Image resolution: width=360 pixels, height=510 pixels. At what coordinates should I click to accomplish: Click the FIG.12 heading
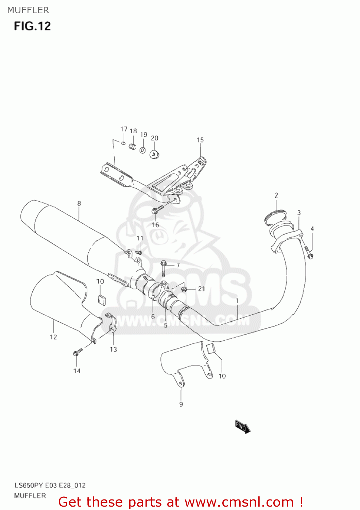(32, 26)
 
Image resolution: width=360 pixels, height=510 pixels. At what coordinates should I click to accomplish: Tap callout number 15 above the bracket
(200, 140)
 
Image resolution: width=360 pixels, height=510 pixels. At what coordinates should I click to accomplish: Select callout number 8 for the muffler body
(79, 203)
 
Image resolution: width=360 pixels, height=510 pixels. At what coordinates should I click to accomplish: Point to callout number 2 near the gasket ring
(276, 195)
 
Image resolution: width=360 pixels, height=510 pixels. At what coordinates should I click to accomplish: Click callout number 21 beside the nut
(202, 289)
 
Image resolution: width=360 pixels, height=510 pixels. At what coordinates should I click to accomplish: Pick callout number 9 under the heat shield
(181, 404)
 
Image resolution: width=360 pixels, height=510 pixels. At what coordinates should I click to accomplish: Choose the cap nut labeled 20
(155, 154)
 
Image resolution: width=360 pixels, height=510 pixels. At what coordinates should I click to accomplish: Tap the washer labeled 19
(143, 150)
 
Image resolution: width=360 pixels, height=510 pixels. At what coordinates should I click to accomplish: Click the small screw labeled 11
(138, 252)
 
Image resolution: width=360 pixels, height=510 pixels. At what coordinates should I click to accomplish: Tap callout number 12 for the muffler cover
(53, 337)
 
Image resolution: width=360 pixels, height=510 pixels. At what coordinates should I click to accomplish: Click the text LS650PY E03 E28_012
(50, 485)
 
